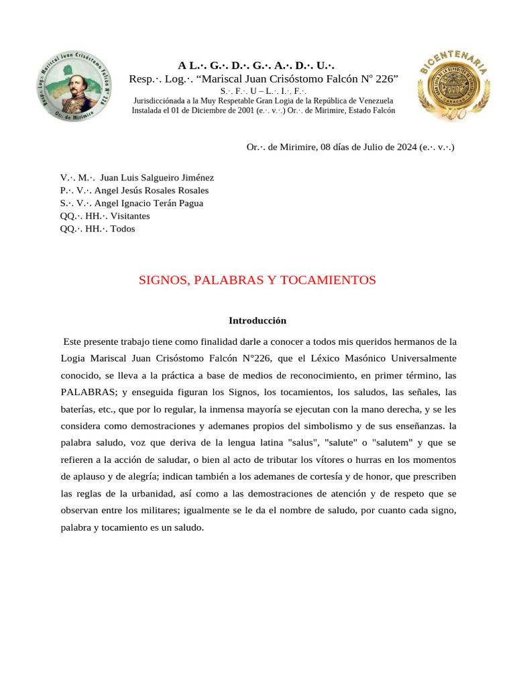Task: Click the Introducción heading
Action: pos(257,321)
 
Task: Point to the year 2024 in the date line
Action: pos(404,147)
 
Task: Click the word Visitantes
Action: pos(129,216)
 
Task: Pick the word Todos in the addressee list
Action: pos(123,229)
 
